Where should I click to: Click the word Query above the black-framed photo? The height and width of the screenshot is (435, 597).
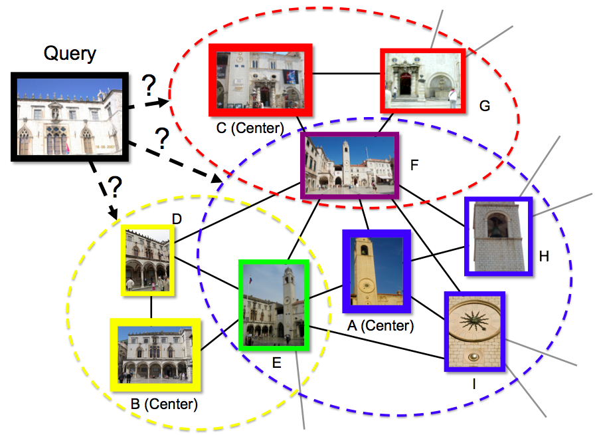point(70,53)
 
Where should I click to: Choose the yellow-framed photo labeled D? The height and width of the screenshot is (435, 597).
point(147,260)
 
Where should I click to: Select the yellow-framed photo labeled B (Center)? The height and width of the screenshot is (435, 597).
point(155,354)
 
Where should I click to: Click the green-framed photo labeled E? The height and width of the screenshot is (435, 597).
point(274,305)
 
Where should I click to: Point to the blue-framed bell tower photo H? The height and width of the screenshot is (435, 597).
point(498,237)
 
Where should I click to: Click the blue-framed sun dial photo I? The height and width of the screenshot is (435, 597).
point(474,331)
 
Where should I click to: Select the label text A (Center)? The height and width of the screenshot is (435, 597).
point(381,326)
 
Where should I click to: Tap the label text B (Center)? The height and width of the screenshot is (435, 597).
point(164,404)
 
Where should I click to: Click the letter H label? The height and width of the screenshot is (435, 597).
point(544,256)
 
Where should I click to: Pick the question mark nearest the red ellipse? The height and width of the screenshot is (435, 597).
point(149,84)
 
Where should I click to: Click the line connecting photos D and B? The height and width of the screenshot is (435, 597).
point(151,306)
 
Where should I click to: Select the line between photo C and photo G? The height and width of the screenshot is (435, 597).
point(346,72)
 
